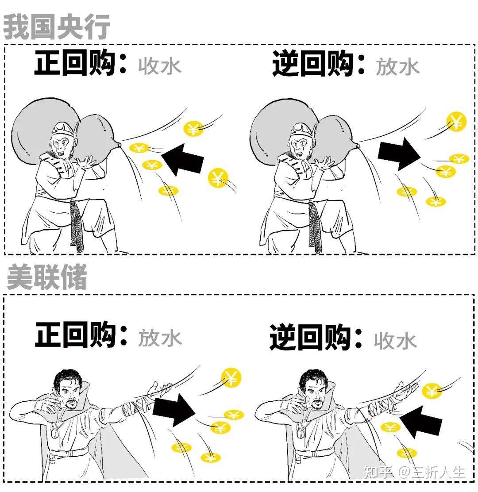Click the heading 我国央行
57,27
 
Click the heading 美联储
47,277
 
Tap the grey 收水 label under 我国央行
160,66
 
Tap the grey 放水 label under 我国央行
397,67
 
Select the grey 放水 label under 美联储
160,338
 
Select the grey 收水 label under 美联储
395,341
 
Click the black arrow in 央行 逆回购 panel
398,153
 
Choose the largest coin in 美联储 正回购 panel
231,377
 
